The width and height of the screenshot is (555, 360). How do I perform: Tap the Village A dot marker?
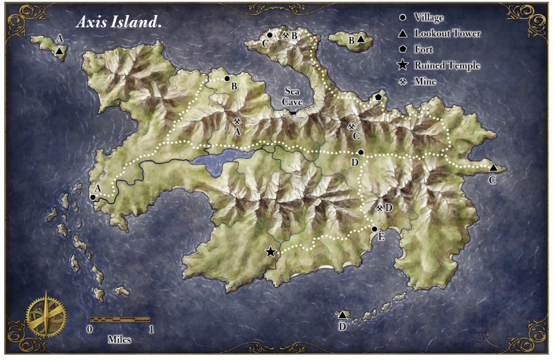coord(92,197)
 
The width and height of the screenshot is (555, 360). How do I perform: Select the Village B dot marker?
coord(227,79)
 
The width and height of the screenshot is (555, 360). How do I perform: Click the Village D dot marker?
coord(361,152)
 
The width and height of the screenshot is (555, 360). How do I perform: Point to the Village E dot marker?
coord(374,229)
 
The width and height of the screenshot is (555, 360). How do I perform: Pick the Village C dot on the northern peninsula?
coord(270,35)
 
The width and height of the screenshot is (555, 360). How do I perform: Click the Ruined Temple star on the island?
coord(271,252)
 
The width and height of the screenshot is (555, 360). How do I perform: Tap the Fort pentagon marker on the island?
coord(378,97)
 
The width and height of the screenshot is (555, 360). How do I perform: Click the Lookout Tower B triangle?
coord(361,40)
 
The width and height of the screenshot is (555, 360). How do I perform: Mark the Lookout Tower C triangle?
coord(493,168)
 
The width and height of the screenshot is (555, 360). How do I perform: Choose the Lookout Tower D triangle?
coord(342,315)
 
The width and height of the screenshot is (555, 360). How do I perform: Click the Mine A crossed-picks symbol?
coord(237,121)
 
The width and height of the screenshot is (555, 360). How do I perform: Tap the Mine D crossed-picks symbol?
coord(380,209)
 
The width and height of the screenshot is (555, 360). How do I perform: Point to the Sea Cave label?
coord(293,96)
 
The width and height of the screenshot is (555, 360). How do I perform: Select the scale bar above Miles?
coord(120,319)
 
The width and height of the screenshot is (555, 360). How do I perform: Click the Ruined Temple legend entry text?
coord(447,66)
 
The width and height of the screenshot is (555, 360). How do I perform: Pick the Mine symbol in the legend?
coord(403,81)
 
